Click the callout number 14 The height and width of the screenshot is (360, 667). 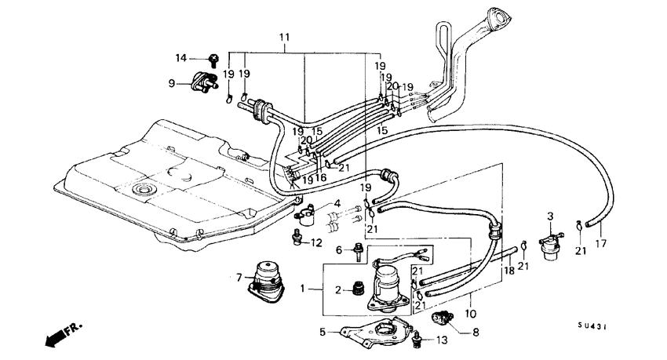tap(180, 58)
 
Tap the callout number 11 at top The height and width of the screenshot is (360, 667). tap(283, 37)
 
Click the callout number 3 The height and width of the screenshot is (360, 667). tap(550, 216)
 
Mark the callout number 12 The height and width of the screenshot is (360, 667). tap(317, 242)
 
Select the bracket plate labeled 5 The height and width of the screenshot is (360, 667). tap(366, 333)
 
